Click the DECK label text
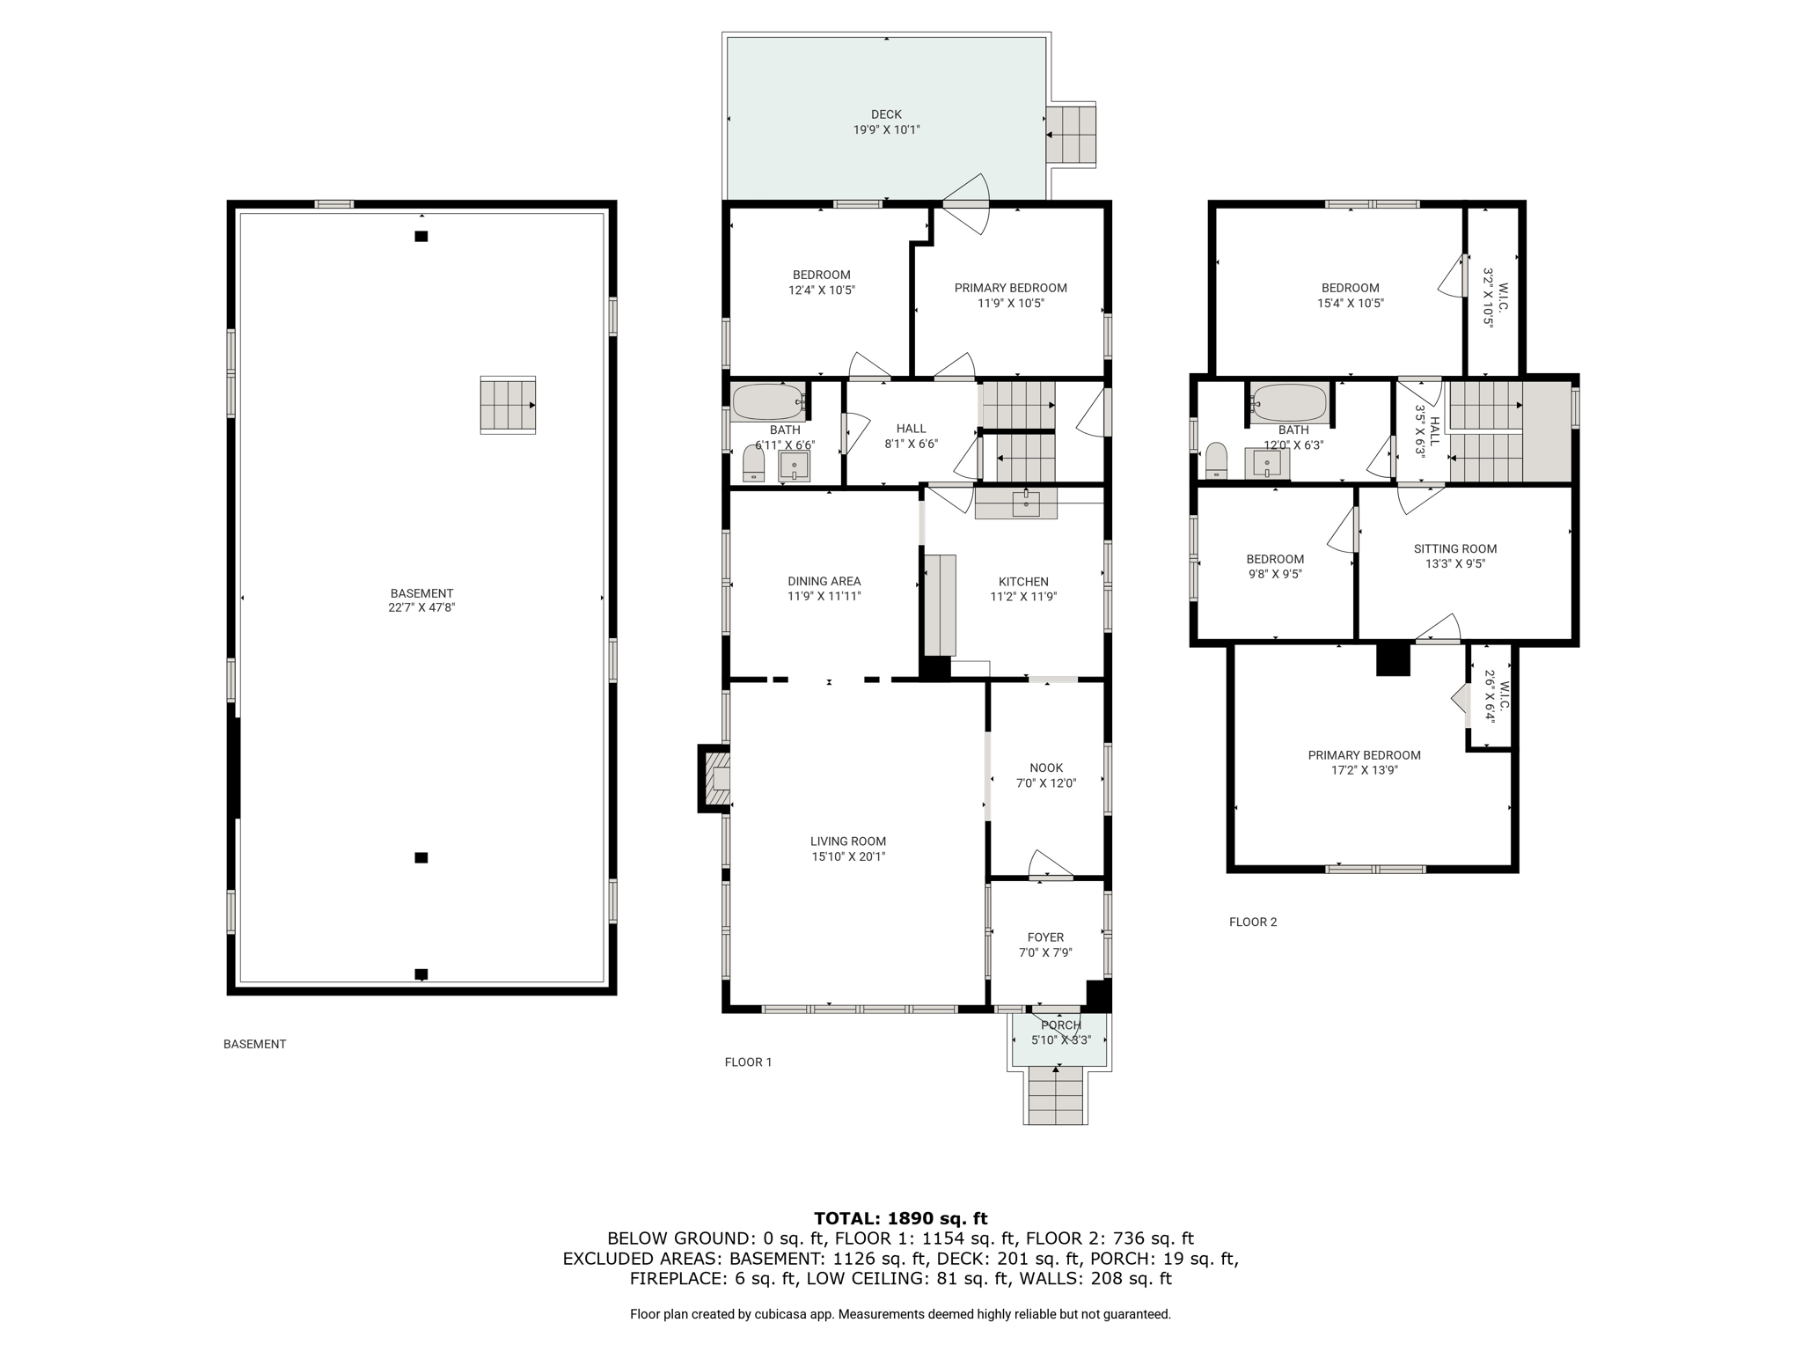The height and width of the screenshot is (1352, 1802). coord(886,114)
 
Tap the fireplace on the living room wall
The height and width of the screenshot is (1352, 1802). coord(714,779)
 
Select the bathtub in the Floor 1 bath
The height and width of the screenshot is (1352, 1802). coord(769,403)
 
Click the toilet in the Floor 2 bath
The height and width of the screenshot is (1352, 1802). coord(1216,460)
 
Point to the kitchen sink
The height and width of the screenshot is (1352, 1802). coord(1025,503)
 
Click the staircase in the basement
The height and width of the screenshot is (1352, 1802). coord(508,405)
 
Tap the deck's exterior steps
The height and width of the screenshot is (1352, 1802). coord(1071,135)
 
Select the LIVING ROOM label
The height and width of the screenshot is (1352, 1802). coord(848,841)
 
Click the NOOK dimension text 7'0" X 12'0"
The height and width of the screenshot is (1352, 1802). coord(1046,783)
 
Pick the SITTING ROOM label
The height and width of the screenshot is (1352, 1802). coord(1455,549)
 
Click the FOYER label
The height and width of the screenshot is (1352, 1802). coord(1045,937)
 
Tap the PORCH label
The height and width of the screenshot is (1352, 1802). coord(1061,1025)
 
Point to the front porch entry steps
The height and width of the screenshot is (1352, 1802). coord(1056,1094)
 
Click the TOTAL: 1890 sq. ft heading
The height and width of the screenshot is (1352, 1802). coord(901,1219)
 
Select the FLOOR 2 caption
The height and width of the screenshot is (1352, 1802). coord(1253,922)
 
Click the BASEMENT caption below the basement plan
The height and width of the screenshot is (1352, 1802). coord(255,1044)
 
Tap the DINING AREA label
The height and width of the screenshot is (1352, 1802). coord(824,582)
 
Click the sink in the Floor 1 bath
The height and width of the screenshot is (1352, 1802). coord(794,466)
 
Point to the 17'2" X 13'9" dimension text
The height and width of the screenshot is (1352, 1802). coord(1365,770)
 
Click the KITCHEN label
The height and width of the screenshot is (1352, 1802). coord(1023,582)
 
